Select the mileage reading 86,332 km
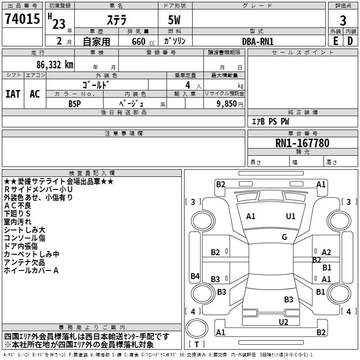(x=52, y=65)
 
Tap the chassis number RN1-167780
(x=302, y=144)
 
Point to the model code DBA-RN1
(x=258, y=41)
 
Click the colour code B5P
(x=75, y=103)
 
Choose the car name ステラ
(x=116, y=20)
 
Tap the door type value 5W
(x=175, y=20)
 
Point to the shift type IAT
(x=13, y=94)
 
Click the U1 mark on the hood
(x=291, y=216)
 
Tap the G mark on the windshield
(x=284, y=237)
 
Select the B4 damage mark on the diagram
(x=195, y=276)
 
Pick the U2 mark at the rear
(x=283, y=322)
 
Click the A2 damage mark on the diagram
(x=326, y=252)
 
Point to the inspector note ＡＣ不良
(x=18, y=206)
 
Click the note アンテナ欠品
(x=25, y=262)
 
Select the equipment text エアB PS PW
(x=270, y=122)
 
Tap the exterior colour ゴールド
(x=96, y=85)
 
